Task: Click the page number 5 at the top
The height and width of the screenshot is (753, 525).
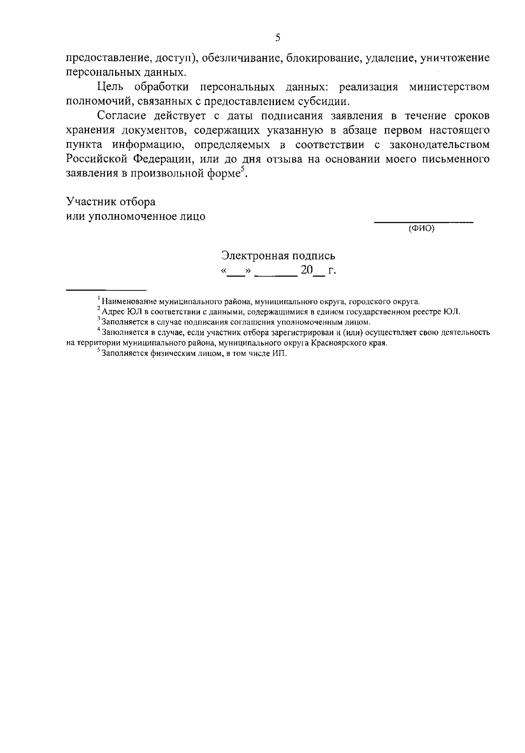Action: click(x=277, y=38)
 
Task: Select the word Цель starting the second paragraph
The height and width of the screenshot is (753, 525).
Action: click(x=111, y=87)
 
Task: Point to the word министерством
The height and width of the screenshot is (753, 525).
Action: click(x=449, y=87)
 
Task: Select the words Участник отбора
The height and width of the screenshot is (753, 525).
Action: click(x=111, y=202)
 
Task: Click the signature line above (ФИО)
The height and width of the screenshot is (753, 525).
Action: click(x=423, y=223)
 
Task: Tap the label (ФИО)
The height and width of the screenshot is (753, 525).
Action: click(x=421, y=229)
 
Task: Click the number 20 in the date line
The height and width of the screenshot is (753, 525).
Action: click(x=306, y=271)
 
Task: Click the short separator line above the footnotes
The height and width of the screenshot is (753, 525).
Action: click(x=105, y=290)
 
